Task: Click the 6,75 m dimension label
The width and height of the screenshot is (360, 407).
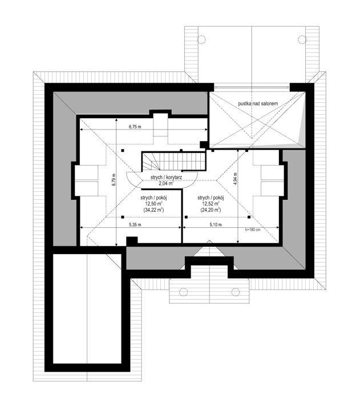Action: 134,127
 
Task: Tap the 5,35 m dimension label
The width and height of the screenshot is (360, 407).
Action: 135,225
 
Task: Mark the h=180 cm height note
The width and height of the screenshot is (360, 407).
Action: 252,230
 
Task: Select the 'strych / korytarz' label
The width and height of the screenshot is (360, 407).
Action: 166,178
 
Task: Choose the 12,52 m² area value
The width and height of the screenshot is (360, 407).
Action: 212,204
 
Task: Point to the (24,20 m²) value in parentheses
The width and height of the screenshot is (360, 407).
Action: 212,210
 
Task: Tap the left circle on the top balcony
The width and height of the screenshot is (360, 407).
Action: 201,39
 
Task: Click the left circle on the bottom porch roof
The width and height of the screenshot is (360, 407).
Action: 184,292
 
